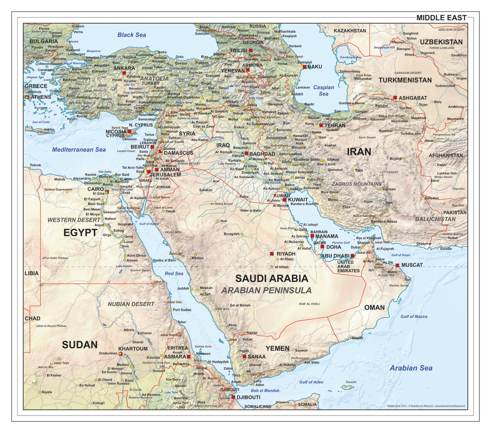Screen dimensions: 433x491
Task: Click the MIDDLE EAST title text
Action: [441, 18]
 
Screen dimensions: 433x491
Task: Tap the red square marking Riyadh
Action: [272, 254]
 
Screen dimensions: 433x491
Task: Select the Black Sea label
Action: [132, 35]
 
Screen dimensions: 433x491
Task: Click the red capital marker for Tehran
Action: [321, 125]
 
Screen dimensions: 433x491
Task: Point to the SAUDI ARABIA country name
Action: [272, 278]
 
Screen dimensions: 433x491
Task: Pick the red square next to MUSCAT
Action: [397, 265]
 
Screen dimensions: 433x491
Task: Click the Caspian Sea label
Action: [323, 91]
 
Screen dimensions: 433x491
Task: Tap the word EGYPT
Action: [80, 233]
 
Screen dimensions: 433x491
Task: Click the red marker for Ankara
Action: [124, 73]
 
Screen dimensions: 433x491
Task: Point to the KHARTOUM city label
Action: [133, 349]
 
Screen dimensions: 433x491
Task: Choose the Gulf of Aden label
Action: [311, 382]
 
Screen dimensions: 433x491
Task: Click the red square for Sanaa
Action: [244, 357]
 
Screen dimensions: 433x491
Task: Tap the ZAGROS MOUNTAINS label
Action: [357, 184]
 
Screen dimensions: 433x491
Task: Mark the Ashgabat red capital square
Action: [395, 98]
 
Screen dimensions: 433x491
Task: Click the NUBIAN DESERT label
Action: [131, 304]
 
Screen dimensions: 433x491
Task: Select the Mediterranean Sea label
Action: [79, 150]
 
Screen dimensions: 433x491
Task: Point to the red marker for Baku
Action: [304, 67]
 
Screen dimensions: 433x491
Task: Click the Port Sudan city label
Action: [182, 310]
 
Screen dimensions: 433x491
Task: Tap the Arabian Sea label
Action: [411, 368]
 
